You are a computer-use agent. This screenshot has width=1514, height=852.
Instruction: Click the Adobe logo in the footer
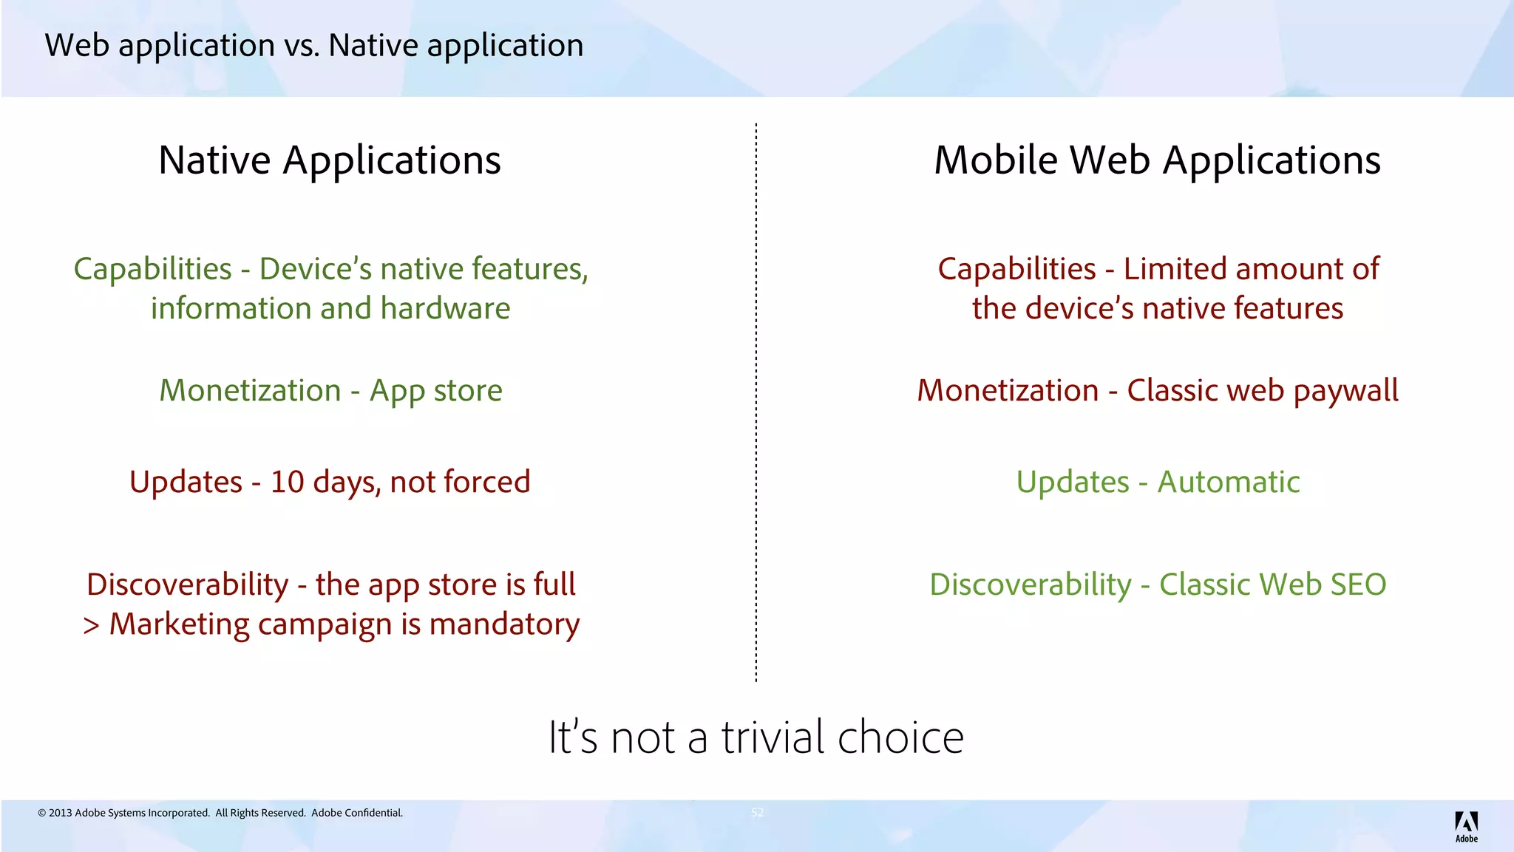[x=1466, y=825]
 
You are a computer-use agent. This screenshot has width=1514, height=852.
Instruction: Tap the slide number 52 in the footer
[x=757, y=812]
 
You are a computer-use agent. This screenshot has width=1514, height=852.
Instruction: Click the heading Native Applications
[x=330, y=160]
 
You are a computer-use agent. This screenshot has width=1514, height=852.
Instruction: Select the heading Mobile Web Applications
[x=1157, y=160]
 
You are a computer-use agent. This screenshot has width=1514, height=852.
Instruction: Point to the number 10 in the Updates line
[x=287, y=482]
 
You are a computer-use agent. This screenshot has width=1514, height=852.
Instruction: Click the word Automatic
[x=1228, y=482]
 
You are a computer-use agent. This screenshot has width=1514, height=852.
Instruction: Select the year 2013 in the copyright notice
[x=60, y=813]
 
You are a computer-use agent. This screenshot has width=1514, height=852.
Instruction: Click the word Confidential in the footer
[x=373, y=813]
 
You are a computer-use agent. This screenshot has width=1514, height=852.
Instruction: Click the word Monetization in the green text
[x=250, y=391]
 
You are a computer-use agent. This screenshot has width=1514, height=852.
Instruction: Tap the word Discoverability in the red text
[x=187, y=585]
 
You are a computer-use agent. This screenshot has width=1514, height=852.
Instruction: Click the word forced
[x=487, y=482]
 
